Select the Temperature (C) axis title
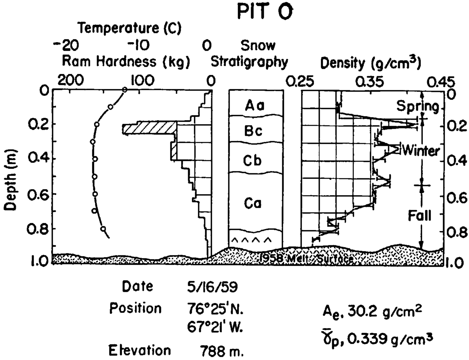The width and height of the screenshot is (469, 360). [130, 28]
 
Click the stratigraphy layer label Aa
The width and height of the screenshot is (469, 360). [255, 105]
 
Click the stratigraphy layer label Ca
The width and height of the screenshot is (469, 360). [253, 203]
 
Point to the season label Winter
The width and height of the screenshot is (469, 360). [421, 151]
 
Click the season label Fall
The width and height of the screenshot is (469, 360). [419, 216]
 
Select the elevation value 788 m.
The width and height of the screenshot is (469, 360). [222, 352]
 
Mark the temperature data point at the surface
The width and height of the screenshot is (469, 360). [125, 89]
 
